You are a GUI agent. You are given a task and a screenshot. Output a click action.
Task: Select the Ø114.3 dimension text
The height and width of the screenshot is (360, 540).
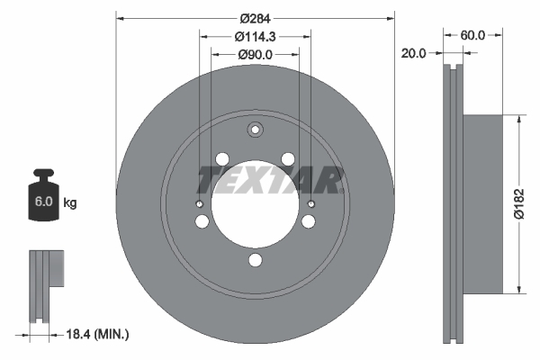click(x=255, y=37)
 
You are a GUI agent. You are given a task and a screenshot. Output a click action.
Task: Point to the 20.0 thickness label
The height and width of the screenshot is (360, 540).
click(x=415, y=53)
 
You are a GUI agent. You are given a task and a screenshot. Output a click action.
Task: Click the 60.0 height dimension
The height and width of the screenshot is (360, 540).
click(x=473, y=35)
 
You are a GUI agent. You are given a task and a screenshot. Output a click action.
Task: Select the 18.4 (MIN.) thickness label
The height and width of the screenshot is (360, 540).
click(x=100, y=335)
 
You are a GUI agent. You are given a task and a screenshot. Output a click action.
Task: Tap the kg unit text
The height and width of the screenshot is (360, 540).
click(x=70, y=203)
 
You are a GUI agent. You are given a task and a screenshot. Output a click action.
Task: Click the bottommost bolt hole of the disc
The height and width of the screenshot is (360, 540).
click(x=256, y=261)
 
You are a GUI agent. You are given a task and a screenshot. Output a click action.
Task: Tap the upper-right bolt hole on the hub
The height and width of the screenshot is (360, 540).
click(x=288, y=159)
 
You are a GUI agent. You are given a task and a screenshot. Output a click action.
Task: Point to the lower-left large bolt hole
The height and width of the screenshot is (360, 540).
click(x=202, y=221)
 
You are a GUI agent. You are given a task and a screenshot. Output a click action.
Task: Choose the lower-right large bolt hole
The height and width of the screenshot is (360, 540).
click(x=309, y=221)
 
